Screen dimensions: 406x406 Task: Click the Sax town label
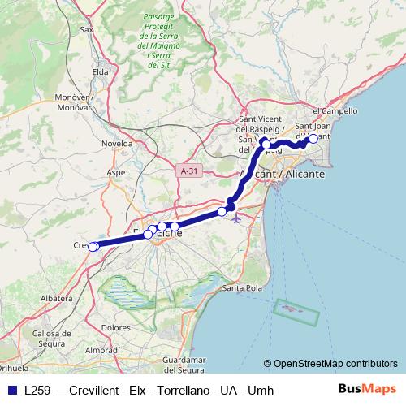click(x=87, y=29)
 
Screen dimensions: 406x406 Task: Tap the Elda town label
click(x=101, y=71)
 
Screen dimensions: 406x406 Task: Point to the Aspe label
click(x=117, y=172)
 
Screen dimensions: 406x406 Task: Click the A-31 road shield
click(x=188, y=171)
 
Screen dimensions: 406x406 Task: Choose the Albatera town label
click(x=58, y=298)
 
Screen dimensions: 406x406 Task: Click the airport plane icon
click(x=236, y=218)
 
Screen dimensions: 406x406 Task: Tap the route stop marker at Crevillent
click(x=93, y=247)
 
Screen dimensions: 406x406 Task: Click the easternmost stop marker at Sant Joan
click(x=313, y=139)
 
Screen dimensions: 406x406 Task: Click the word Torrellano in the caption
click(x=171, y=390)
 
